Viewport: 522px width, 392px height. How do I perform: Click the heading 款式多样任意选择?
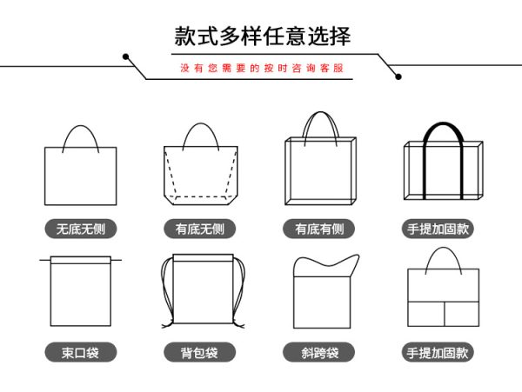click(263, 36)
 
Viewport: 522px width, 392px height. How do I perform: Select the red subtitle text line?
click(262, 68)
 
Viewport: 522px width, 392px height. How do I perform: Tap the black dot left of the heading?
click(126, 56)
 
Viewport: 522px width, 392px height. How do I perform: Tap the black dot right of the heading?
click(398, 76)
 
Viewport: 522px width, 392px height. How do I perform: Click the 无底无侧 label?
click(81, 229)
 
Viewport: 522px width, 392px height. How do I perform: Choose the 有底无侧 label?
click(200, 229)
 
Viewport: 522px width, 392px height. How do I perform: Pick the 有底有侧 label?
click(319, 229)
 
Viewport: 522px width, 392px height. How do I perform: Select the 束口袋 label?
click(81, 352)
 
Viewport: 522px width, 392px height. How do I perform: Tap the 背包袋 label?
click(200, 352)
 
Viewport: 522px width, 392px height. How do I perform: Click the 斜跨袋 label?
click(319, 352)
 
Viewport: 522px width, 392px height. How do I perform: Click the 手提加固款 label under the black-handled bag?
click(438, 229)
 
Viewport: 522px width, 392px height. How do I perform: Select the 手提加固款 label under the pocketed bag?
click(438, 352)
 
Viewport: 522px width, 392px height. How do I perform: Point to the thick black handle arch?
click(443, 124)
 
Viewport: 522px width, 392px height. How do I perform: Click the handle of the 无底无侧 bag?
click(81, 126)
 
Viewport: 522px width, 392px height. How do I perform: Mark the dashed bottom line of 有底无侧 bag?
click(201, 196)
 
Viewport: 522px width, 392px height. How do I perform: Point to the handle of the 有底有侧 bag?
click(320, 112)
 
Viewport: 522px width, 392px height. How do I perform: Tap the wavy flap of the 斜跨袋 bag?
click(326, 265)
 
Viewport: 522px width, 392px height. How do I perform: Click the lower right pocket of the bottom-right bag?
click(462, 314)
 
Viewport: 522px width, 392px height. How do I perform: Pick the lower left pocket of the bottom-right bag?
click(426, 314)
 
